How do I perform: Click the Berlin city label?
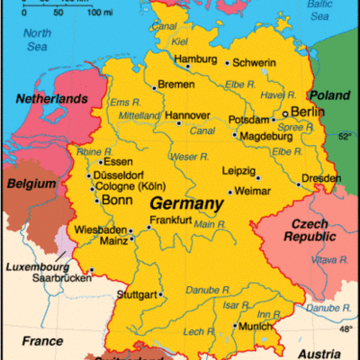(x=309, y=112)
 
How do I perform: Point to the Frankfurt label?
(x=170, y=220)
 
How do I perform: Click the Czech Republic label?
(x=310, y=229)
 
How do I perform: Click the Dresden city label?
(x=322, y=178)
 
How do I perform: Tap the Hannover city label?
(x=186, y=115)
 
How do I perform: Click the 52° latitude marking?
(x=346, y=137)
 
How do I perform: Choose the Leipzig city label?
(x=238, y=170)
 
